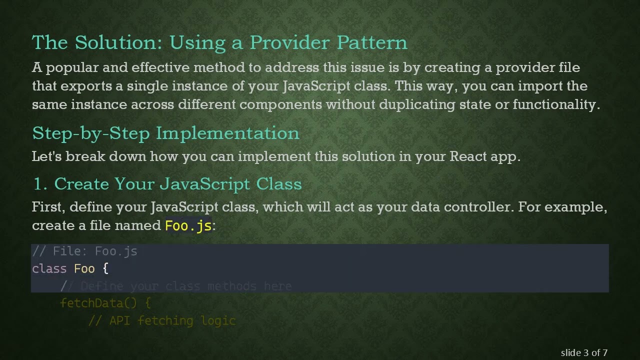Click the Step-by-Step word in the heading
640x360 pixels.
point(91,133)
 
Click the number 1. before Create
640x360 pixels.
point(40,184)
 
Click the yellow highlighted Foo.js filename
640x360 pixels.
point(188,225)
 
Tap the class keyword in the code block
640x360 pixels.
point(49,268)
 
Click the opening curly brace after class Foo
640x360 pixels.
point(105,268)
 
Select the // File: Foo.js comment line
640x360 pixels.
point(84,251)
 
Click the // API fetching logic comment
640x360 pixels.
point(162,320)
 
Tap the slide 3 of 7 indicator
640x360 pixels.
point(584,352)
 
